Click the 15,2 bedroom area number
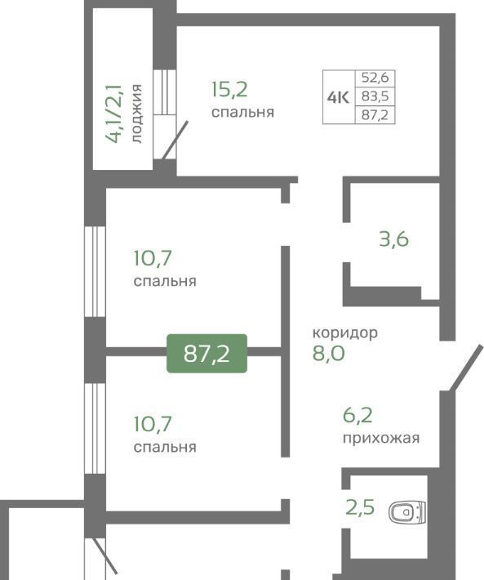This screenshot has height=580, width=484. pyautogui.click(x=229, y=90)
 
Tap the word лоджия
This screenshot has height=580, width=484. pyautogui.click(x=136, y=114)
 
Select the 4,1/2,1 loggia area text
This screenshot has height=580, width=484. pyautogui.click(x=113, y=114)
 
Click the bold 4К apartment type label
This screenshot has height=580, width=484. pyautogui.click(x=338, y=97)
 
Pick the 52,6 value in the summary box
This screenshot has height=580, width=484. pyautogui.click(x=375, y=78)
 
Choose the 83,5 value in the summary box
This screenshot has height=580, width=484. pyautogui.click(x=375, y=96)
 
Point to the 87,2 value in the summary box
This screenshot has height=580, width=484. pyautogui.click(x=375, y=114)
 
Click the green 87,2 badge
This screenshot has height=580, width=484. pyautogui.click(x=206, y=353)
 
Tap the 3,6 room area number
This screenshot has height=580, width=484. pyautogui.click(x=394, y=239)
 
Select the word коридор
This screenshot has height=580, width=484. pyautogui.click(x=345, y=333)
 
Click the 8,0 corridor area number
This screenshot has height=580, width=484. pyautogui.click(x=328, y=353)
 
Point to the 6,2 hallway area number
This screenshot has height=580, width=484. pyautogui.click(x=357, y=415)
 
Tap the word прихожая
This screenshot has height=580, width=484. pyautogui.click(x=381, y=439)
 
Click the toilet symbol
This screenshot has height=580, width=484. pyautogui.click(x=407, y=512)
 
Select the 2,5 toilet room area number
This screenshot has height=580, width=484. pyautogui.click(x=360, y=506)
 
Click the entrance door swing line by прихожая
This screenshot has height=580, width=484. pyautogui.click(x=466, y=368)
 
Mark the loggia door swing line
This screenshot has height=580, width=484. pyautogui.click(x=175, y=140)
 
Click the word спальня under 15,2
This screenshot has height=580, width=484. pyautogui.click(x=242, y=112)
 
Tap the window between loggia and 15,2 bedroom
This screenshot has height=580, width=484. pyautogui.click(x=164, y=91)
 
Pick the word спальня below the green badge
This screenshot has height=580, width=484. pyautogui.click(x=165, y=447)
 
